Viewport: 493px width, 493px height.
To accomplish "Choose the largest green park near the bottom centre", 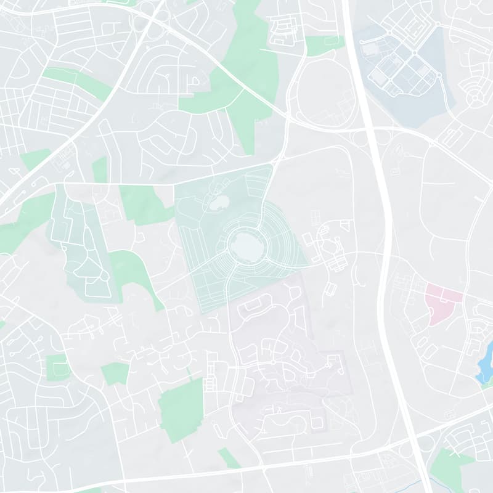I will (x=182, y=410).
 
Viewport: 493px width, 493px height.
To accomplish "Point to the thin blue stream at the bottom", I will (x=425, y=484).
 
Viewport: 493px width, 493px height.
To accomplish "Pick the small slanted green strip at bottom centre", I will (x=229, y=458).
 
